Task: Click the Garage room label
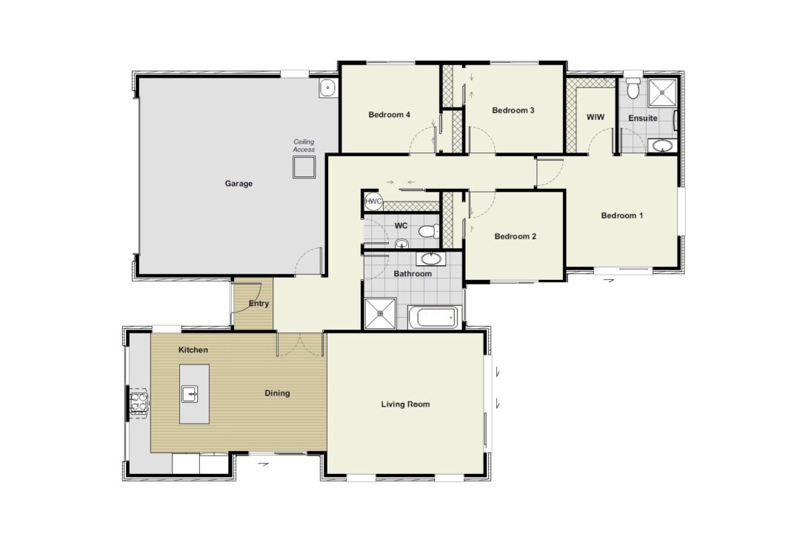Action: pyautogui.click(x=239, y=184)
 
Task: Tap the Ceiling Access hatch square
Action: pyautogui.click(x=304, y=167)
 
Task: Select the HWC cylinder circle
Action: pyautogui.click(x=373, y=201)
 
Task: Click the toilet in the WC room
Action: pyautogui.click(x=429, y=232)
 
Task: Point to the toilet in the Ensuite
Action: pyautogui.click(x=633, y=87)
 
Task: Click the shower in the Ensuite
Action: pyautogui.click(x=662, y=93)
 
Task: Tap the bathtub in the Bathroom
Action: pyautogui.click(x=435, y=317)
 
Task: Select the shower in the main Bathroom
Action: pyautogui.click(x=380, y=314)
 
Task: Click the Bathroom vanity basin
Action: pyautogui.click(x=432, y=258)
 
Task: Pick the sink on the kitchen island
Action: pyautogui.click(x=190, y=394)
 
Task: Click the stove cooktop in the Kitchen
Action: pyautogui.click(x=139, y=402)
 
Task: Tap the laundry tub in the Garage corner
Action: pyautogui.click(x=327, y=88)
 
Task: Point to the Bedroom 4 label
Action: pyautogui.click(x=390, y=115)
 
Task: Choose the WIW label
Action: pyautogui.click(x=596, y=117)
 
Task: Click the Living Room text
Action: pyautogui.click(x=406, y=404)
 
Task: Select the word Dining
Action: pyautogui.click(x=277, y=393)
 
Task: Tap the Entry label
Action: pyautogui.click(x=259, y=304)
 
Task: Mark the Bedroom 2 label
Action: pyautogui.click(x=516, y=237)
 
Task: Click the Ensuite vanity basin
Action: pyautogui.click(x=663, y=146)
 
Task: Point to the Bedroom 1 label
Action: pyautogui.click(x=622, y=216)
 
